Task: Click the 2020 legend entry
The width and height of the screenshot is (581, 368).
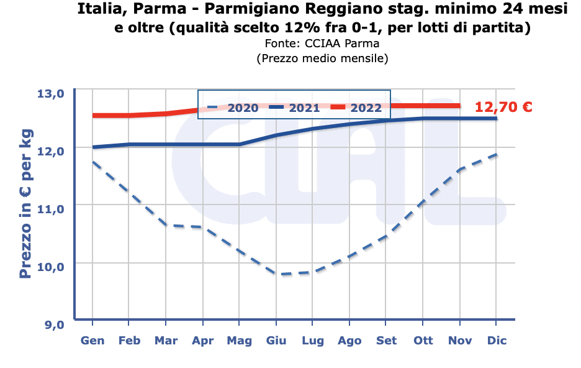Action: click(232, 107)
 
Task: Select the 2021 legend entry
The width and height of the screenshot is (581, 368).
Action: click(294, 107)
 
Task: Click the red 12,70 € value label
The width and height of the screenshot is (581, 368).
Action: click(503, 107)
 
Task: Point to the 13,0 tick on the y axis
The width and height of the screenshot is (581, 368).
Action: click(51, 94)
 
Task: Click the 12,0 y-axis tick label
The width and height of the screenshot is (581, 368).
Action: click(51, 151)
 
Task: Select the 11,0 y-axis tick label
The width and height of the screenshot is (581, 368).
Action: click(51, 209)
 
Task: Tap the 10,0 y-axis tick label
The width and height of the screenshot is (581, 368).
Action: click(51, 267)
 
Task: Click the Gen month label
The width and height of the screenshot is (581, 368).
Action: click(92, 341)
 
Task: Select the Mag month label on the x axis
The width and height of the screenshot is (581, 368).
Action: click(240, 341)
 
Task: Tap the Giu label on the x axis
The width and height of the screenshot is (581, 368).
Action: click(276, 341)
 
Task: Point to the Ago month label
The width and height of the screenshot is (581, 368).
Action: click(349, 341)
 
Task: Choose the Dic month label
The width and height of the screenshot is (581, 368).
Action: click(497, 341)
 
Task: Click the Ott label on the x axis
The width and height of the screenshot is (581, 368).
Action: click(423, 341)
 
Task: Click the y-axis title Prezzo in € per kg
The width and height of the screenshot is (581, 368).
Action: click(25, 205)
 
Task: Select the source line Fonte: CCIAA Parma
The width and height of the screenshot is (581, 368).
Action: click(322, 44)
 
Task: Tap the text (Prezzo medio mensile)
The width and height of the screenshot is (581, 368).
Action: click(322, 58)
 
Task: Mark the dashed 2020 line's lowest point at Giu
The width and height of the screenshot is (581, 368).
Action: click(276, 274)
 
